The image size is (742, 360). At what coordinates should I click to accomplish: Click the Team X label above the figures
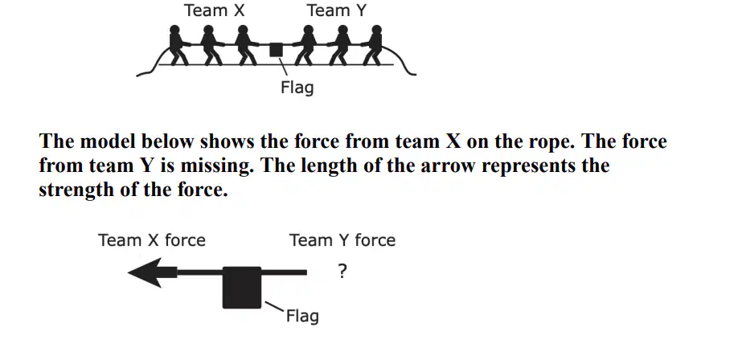[215, 10]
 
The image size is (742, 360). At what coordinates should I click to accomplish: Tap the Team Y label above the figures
[337, 10]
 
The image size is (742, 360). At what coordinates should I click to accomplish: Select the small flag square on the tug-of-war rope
[276, 50]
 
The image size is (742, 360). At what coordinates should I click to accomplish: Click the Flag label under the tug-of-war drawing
[297, 88]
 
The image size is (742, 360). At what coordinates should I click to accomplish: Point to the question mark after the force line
[342, 272]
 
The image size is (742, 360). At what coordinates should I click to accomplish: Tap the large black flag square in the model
[242, 288]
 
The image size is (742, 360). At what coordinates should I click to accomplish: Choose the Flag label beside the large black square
[302, 316]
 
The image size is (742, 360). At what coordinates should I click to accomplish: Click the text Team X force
[152, 240]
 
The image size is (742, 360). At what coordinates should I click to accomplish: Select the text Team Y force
[342, 240]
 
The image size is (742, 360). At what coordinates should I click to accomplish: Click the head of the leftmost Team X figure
[174, 30]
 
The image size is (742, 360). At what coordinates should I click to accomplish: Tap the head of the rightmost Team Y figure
[376, 30]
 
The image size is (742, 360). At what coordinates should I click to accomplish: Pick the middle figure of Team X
[209, 46]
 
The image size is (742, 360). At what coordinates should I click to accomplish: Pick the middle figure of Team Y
[340, 46]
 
